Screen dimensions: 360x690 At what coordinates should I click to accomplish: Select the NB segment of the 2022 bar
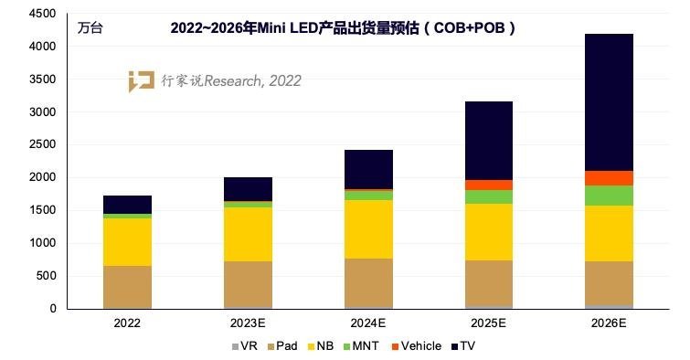pyautogui.click(x=127, y=241)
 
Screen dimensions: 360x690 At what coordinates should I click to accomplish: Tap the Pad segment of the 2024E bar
pyautogui.click(x=368, y=282)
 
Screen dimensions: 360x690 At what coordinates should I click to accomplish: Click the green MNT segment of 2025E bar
pyautogui.click(x=489, y=196)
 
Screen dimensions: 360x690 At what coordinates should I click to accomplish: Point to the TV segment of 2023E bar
pyautogui.click(x=248, y=189)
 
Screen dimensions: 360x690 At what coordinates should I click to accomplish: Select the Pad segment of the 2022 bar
pyautogui.click(x=127, y=286)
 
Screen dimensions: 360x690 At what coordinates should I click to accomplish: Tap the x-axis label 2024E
pyautogui.click(x=368, y=323)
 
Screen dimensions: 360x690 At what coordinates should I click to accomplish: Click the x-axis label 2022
pyautogui.click(x=127, y=323)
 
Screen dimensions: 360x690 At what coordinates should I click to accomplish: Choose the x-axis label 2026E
pyautogui.click(x=610, y=323)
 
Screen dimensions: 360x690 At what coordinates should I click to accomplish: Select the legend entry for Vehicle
pyautogui.click(x=415, y=346)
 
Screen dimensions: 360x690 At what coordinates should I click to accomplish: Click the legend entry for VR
pyautogui.click(x=241, y=346)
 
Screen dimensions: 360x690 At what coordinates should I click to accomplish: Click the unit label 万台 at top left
pyautogui.click(x=90, y=27)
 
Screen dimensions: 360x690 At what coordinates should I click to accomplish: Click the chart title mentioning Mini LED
pyautogui.click(x=344, y=27)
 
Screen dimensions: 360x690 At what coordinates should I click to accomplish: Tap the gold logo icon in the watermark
pyautogui.click(x=141, y=80)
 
